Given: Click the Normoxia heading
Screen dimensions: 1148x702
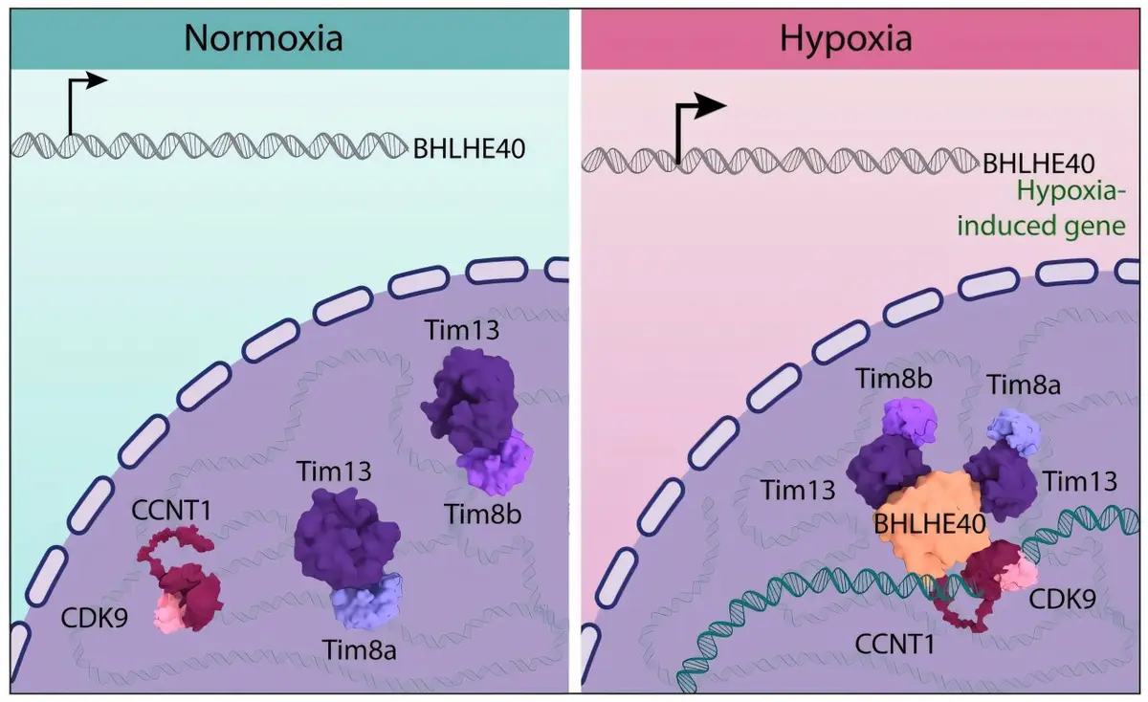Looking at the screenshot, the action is (x=263, y=38).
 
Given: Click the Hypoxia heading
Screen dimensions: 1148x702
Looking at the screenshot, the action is (x=846, y=38).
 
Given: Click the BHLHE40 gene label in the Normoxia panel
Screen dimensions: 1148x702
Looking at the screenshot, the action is (x=469, y=149).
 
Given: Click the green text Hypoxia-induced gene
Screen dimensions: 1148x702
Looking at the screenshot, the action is (x=1042, y=209).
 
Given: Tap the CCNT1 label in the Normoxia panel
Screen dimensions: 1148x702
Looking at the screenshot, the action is (x=171, y=511).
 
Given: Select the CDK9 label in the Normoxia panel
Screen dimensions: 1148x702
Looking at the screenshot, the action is (x=95, y=619).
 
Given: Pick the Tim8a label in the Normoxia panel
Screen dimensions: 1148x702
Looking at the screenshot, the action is (x=360, y=650).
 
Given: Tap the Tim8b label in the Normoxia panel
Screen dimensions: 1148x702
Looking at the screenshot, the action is (x=483, y=514).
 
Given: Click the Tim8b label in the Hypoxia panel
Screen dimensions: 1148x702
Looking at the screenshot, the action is (x=894, y=379).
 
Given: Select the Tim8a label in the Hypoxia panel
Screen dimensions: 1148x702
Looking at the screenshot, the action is (x=1024, y=385).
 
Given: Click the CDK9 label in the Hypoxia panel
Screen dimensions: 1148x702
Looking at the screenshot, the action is (x=1063, y=599).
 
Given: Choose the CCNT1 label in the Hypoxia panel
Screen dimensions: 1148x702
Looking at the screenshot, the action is (x=894, y=644).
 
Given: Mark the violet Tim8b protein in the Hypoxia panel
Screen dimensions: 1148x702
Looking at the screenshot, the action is (x=910, y=421).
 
